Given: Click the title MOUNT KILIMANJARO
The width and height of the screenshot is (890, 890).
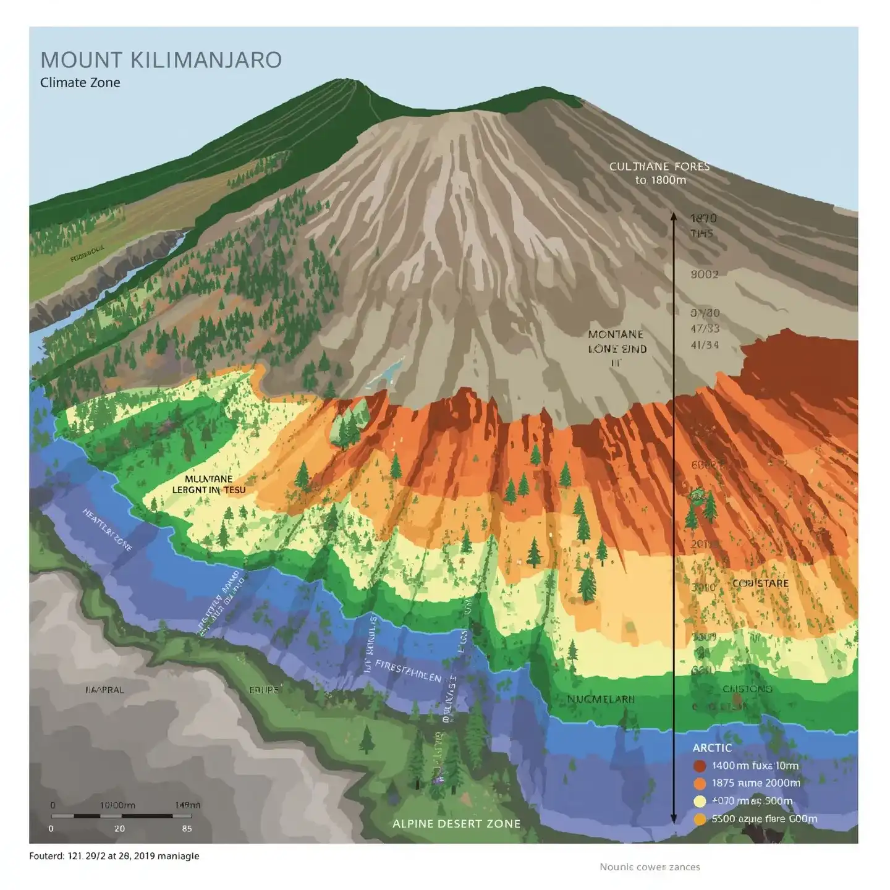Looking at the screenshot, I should (161, 60).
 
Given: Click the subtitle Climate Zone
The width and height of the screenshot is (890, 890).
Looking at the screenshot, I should (80, 83).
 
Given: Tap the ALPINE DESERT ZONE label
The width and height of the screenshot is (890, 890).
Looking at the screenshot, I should (456, 824).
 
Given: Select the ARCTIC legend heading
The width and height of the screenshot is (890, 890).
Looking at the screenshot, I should (712, 748).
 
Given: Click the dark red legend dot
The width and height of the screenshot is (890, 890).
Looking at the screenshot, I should (700, 766).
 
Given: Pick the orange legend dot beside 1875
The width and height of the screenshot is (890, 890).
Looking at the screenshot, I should (700, 784).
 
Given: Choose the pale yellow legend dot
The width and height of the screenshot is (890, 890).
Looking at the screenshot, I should (700, 802).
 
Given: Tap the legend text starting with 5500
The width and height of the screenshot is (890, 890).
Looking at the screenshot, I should (764, 819).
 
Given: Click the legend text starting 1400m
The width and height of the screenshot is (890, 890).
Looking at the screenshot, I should (755, 766).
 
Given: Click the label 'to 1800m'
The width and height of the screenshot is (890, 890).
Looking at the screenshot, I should (660, 180).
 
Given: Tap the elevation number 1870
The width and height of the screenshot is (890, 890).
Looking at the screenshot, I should (703, 218).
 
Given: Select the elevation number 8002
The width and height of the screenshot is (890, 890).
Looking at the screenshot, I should (704, 274).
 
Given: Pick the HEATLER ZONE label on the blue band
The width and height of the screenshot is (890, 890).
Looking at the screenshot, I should (108, 530).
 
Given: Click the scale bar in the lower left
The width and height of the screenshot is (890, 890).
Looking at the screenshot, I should (121, 816).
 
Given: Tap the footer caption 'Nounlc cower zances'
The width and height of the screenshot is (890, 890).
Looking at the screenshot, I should (650, 867).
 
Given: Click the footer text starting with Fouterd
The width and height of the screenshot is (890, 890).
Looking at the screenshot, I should (114, 856).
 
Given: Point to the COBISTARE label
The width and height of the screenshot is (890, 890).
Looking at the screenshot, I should (760, 583).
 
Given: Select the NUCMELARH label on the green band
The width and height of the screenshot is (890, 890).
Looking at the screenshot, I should (601, 699).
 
